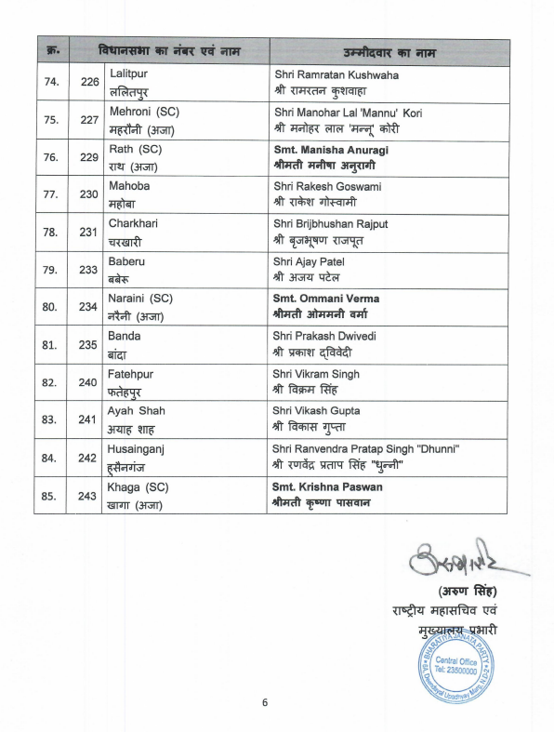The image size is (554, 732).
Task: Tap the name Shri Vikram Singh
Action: coord(317,374)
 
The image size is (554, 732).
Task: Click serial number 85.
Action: coord(52,494)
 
